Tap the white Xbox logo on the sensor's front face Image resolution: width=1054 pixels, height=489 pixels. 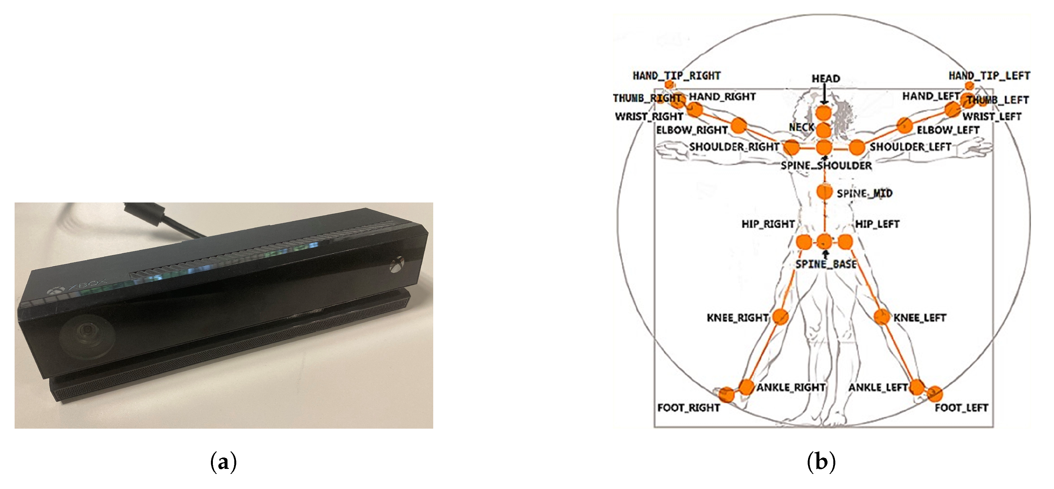click(397, 264)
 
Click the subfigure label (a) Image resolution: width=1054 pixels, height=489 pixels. click(223, 462)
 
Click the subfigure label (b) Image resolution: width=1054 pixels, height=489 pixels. click(821, 462)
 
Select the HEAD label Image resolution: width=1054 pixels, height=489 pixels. click(826, 79)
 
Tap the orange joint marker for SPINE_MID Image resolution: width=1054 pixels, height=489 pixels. click(825, 191)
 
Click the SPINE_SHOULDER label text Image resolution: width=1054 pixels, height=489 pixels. click(826, 166)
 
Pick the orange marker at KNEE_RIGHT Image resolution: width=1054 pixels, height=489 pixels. click(780, 317)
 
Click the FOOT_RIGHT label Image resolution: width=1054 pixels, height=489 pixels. click(688, 408)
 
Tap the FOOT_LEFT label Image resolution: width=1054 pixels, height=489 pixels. click(961, 408)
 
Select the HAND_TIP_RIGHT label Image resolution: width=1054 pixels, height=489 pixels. click(676, 76)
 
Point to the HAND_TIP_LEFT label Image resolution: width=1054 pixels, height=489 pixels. click(989, 76)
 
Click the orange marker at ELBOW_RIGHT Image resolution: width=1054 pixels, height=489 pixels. click(739, 126)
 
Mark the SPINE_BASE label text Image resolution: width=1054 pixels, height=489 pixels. click(826, 264)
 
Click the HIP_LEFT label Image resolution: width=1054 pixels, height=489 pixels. click(877, 224)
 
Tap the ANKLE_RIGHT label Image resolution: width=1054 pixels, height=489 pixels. click(790, 387)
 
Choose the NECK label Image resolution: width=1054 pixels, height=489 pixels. click(801, 127)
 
